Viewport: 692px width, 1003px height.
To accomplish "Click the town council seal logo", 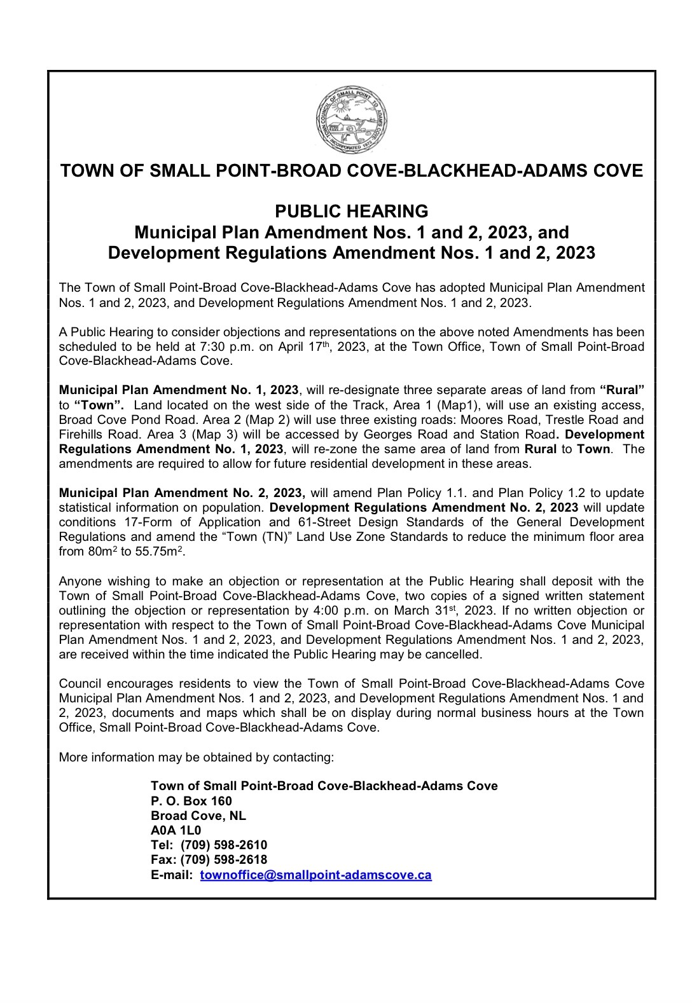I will coord(352,119).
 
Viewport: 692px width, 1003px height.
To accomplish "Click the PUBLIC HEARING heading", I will coord(351,210).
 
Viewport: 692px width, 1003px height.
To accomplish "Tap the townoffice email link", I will coord(315,875).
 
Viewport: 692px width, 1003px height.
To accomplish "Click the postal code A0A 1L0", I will coord(176,830).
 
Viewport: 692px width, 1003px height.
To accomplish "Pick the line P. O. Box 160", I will coord(191,800).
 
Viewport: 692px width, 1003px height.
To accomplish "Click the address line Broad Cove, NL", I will coord(198,815).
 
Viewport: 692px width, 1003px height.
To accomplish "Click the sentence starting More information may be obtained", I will coord(196,757).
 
